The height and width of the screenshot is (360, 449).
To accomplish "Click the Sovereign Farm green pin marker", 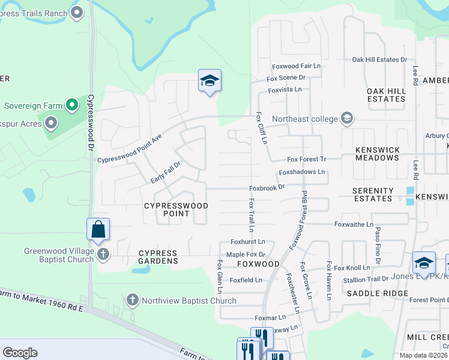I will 72,106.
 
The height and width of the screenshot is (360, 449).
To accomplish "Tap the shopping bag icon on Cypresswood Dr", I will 98,229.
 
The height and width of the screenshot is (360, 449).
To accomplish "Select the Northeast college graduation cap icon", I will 346,118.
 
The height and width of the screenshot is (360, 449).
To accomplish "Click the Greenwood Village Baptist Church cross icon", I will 103,255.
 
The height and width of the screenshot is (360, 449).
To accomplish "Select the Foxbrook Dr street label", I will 267,188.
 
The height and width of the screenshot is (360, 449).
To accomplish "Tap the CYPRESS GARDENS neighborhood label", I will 158,257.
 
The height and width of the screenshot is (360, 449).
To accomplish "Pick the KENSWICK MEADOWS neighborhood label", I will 377,154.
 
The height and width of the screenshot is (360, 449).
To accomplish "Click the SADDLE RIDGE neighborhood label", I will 373,293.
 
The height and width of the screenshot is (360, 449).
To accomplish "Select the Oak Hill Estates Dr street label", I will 379,59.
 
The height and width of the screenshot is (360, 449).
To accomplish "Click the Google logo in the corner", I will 20,352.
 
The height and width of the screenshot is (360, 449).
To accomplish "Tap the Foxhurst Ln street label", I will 248,242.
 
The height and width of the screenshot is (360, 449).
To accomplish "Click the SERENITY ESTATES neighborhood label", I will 373,194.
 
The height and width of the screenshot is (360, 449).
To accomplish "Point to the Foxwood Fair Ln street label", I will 296,66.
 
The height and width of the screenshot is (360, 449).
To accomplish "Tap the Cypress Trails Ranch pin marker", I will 77,12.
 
